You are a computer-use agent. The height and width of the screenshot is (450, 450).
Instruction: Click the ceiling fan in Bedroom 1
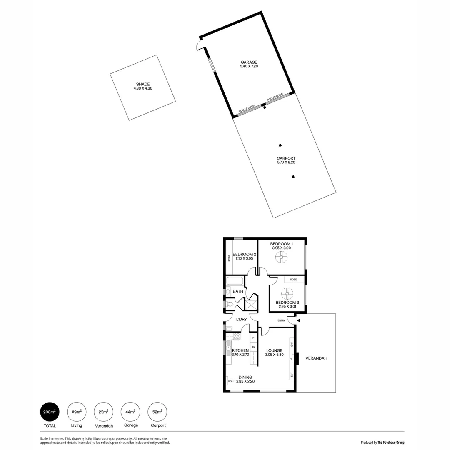(281, 259)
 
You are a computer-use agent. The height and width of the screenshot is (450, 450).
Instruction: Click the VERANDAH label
(316, 358)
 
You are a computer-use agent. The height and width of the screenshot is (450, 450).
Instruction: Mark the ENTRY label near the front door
(282, 320)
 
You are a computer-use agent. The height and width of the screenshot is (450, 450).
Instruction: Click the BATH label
(238, 291)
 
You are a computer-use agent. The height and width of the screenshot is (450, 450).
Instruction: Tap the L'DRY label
(242, 320)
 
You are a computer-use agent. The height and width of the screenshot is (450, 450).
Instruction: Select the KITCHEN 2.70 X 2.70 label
(240, 352)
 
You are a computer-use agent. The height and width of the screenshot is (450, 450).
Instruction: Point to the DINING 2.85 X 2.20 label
(245, 379)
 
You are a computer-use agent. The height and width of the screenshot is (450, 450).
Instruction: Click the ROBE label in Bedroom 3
(294, 280)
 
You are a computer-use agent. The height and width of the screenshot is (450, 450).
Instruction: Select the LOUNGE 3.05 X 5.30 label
(275, 352)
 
